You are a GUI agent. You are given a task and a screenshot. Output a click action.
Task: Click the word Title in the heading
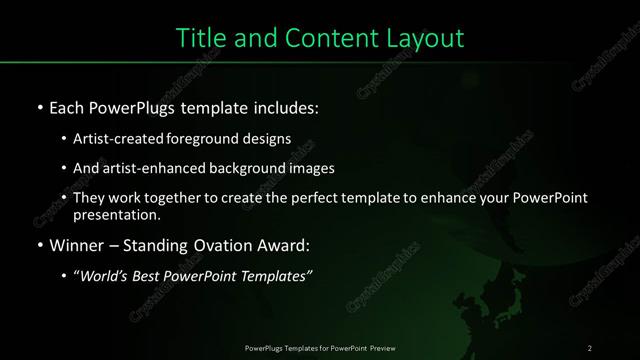[x=198, y=38]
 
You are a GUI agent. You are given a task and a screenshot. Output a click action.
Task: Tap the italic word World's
[x=105, y=275]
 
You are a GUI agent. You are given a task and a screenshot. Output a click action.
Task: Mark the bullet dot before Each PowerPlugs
[x=38, y=106]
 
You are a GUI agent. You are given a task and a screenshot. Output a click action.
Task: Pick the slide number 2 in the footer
[x=590, y=347]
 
